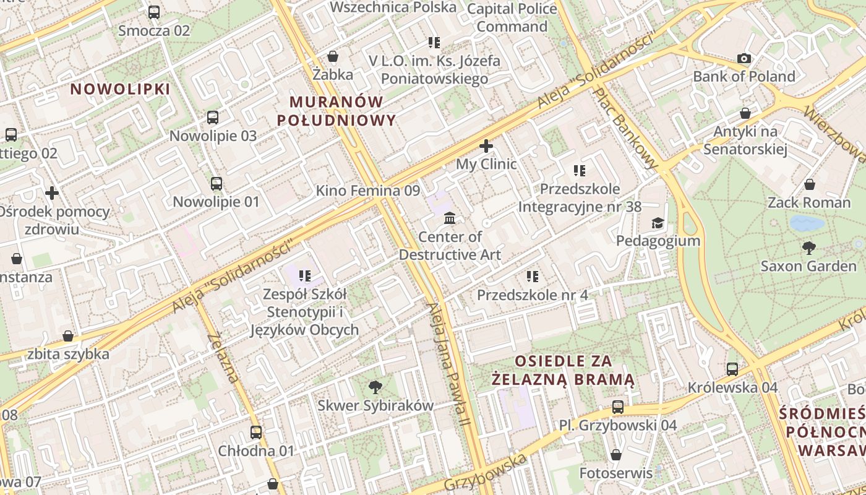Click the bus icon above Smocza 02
coord(154,12)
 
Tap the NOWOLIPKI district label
coord(120,89)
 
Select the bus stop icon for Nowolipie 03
coord(213,118)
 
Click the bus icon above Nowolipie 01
coord(216,184)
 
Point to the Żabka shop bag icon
coord(333,57)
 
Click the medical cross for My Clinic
coord(486,147)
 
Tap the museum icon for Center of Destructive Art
coord(450,218)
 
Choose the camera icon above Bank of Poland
coord(744,59)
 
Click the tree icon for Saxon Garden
coord(808,249)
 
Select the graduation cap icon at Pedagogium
coord(658,223)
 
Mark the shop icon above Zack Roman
coord(809,184)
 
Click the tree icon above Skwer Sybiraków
coord(375,388)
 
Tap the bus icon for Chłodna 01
coord(256,433)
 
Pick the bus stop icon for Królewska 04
coord(732,369)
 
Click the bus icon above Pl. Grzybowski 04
coord(618,407)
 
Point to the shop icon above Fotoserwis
coord(616,455)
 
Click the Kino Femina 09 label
coord(368,191)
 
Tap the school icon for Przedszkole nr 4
coord(532,277)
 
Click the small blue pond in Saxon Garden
coord(807,223)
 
